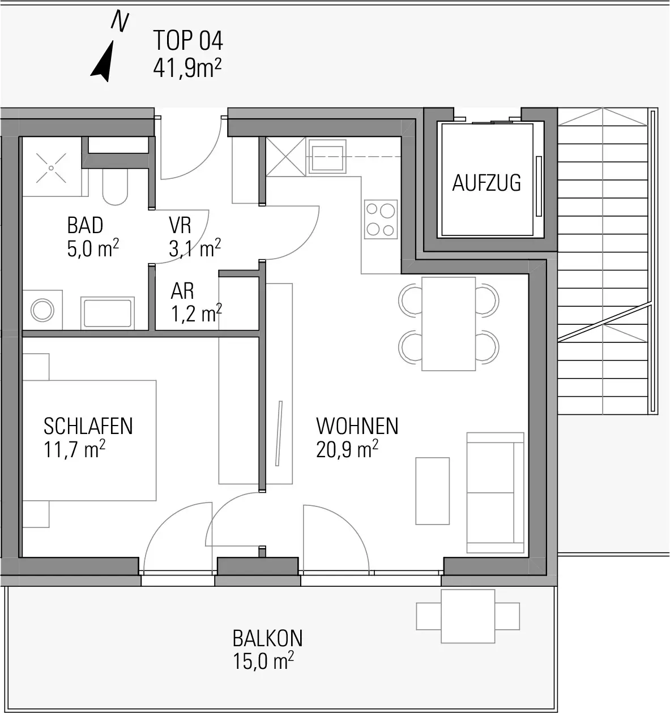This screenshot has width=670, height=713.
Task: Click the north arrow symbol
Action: coord(104,61)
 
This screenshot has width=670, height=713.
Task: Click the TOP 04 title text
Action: coord(188,40)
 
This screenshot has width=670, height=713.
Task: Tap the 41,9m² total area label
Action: coord(187,68)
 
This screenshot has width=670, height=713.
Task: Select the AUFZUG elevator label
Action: coord(487,183)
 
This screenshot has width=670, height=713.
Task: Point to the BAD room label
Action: coord(85,225)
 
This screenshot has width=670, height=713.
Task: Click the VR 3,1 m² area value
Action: coord(195,248)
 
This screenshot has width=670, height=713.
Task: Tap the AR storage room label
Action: coord(182,291)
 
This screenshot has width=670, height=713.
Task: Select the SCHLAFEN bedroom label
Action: coord(88,426)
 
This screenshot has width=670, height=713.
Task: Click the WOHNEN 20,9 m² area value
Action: coord(347,449)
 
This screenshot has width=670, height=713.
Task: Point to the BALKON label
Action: coord(267,638)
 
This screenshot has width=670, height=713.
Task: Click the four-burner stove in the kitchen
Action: coord(381,220)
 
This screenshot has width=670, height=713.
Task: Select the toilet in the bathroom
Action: coord(115,186)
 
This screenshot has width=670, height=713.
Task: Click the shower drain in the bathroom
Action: coord(52,168)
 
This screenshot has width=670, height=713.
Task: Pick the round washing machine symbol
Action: coord(42,310)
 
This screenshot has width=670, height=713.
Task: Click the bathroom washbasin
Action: coord(108,313)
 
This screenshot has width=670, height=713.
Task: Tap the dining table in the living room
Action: coord(449,324)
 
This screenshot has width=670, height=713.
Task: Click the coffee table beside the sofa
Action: coord(432,491)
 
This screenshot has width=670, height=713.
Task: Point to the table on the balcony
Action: coord(468,616)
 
